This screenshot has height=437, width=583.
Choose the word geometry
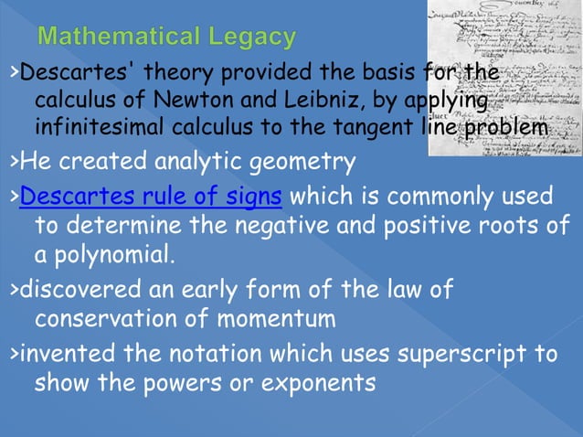pos(299,164)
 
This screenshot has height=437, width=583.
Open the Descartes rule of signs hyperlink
pos(150,197)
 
